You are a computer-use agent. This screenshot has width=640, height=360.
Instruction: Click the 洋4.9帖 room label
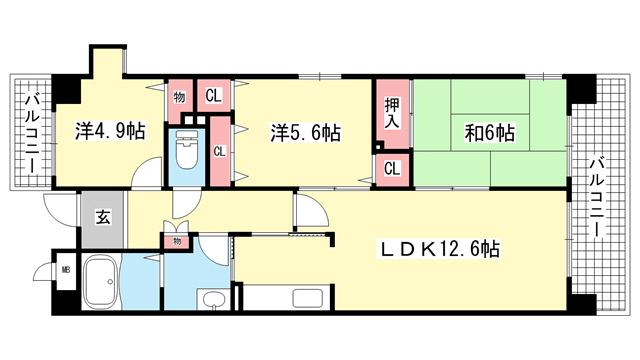pos(110,131)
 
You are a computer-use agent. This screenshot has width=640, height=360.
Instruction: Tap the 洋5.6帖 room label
pos(306,133)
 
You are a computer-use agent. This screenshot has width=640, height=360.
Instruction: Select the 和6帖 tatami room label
pos(490,133)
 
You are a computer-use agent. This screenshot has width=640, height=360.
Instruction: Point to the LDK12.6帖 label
pos(440,249)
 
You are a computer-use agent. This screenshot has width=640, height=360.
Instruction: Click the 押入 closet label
pos(392,113)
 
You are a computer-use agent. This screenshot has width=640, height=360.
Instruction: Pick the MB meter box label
pos(66,270)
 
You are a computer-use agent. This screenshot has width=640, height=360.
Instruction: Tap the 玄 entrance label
pos(102,217)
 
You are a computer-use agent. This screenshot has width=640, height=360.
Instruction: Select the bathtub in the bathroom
pos(101,282)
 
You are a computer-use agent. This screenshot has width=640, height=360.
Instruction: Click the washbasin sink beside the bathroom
pos(214,301)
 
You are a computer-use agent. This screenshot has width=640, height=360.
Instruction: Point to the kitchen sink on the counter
pos(308,299)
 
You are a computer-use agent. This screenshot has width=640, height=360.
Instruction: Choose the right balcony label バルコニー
pos(596,198)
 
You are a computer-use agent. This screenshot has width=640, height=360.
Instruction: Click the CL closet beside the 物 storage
pos(213,96)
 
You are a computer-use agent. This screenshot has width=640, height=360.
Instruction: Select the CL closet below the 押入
pos(392,169)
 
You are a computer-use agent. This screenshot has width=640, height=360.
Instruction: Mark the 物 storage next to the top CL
pos(179,97)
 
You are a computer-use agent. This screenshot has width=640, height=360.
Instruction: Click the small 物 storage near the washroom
pos(176,241)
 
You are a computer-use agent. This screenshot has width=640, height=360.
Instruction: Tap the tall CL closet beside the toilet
pos(220,151)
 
